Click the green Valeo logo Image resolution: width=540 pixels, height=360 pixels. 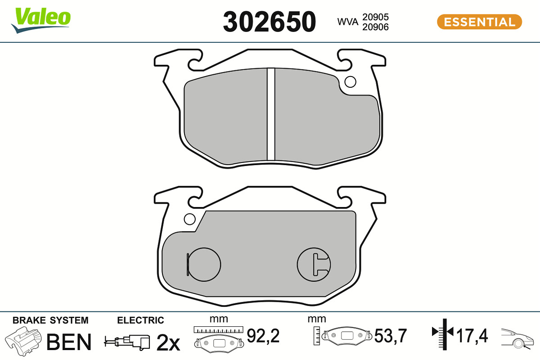click(x=41, y=20)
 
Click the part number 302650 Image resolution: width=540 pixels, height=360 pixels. click(x=269, y=22)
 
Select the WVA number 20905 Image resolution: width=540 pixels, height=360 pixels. click(x=375, y=17)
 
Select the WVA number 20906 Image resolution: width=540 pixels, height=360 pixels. click(x=375, y=27)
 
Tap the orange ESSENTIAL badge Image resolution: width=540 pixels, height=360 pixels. click(x=480, y=22)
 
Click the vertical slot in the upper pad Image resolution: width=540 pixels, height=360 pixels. click(x=271, y=114)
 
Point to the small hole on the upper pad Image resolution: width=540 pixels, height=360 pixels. click(x=350, y=82)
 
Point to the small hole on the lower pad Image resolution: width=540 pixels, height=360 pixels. click(x=190, y=219)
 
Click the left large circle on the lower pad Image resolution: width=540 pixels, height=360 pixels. click(x=204, y=265)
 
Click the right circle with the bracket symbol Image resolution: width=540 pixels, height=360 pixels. click(x=314, y=265)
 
